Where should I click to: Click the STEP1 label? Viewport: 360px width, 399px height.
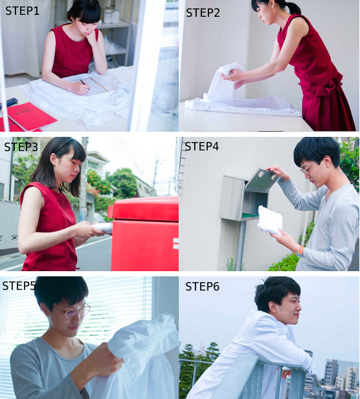(23, 11)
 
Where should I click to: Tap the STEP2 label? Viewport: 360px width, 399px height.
(203, 13)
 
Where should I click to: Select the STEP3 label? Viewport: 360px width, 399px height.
(21, 147)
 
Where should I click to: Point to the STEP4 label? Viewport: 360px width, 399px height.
(201, 147)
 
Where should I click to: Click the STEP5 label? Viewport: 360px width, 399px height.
(19, 286)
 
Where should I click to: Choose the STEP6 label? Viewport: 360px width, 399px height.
(203, 287)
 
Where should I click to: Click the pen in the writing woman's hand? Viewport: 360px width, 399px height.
(85, 85)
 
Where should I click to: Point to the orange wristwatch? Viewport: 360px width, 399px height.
(300, 251)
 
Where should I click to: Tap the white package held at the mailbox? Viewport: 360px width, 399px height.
(270, 220)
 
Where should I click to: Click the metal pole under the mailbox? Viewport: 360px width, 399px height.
(240, 245)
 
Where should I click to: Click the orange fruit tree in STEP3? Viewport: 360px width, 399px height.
(99, 182)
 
